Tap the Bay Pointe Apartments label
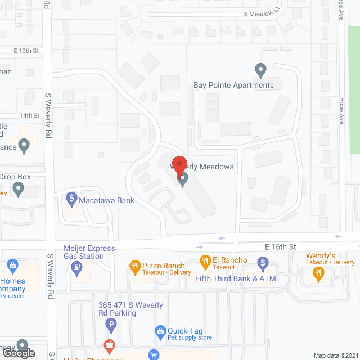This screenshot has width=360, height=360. click(x=233, y=85)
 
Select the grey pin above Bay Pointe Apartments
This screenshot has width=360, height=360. click(x=260, y=71)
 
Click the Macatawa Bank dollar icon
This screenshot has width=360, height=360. click(x=71, y=198)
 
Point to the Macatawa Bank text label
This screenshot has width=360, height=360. click(x=106, y=200)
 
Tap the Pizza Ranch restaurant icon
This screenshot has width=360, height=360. click(x=134, y=265)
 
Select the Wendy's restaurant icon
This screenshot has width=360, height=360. click(x=318, y=274)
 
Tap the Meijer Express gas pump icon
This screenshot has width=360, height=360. click(x=75, y=269)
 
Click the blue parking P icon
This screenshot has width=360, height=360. click(x=111, y=325)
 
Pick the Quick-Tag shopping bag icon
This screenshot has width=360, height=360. click(x=160, y=331)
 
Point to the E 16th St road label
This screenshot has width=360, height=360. click(x=280, y=247)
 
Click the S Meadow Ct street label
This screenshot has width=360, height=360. click(x=262, y=14)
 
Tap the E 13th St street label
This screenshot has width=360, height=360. click(x=26, y=51)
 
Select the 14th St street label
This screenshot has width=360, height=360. click(x=30, y=115)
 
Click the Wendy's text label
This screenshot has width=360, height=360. click(x=321, y=255)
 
